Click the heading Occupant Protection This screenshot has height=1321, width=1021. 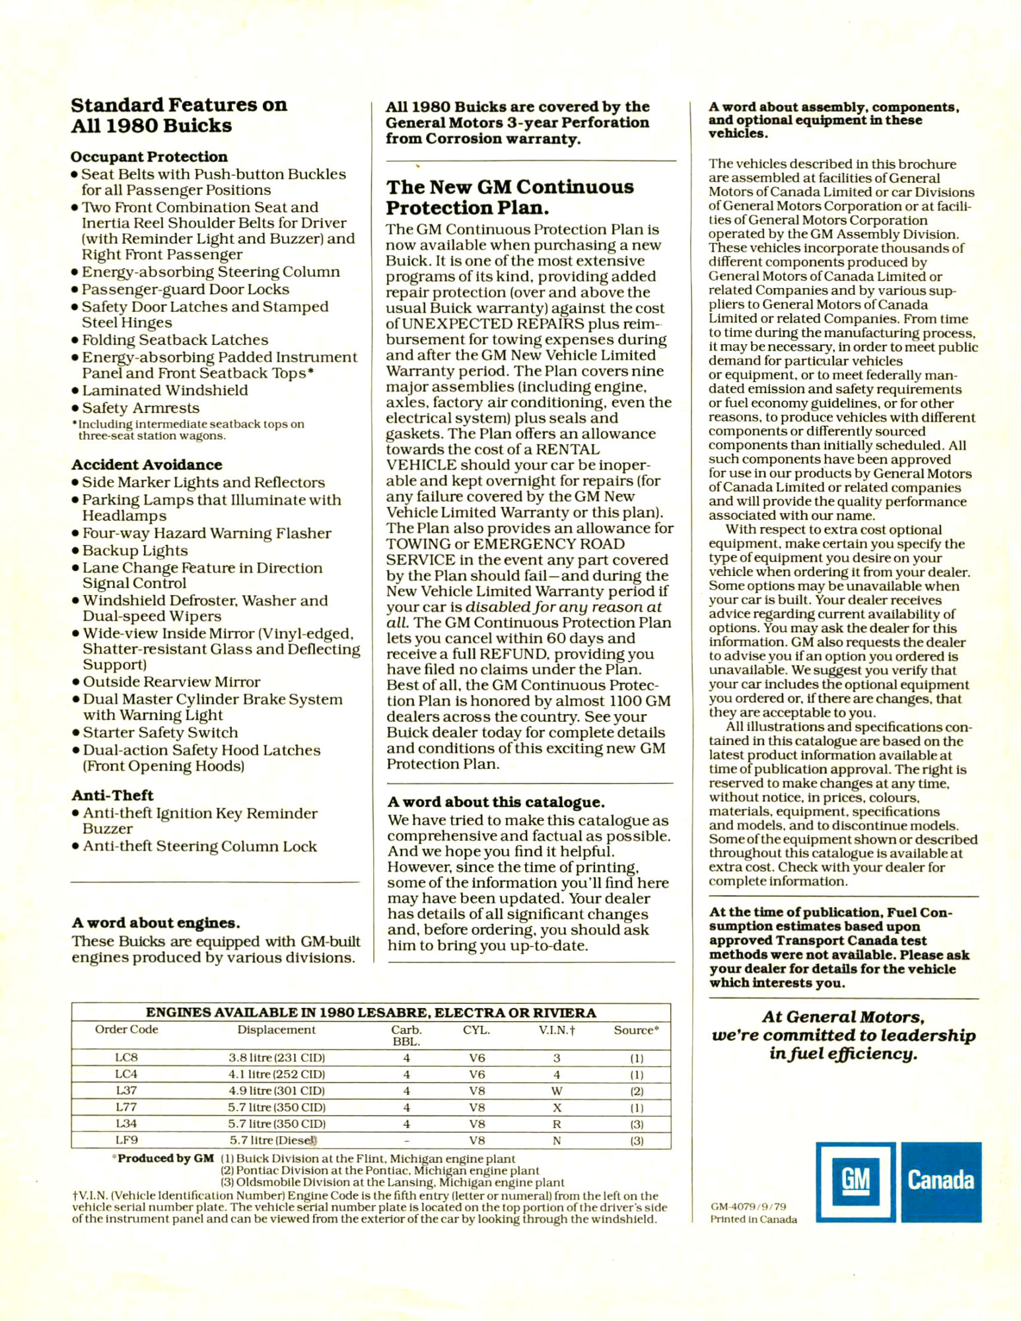(149, 157)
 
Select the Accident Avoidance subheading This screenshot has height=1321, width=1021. (147, 464)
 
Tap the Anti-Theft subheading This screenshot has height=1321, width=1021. (112, 795)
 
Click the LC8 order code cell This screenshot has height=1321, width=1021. (126, 1057)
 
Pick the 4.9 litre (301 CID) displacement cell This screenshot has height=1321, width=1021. (277, 1090)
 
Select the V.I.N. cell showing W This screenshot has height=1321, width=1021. (557, 1090)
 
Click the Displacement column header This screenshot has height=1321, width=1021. (276, 1030)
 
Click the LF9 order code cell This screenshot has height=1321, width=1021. (126, 1140)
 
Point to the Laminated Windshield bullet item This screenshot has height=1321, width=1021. (165, 390)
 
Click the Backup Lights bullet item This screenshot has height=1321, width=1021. (135, 550)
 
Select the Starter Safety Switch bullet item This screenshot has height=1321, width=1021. (160, 732)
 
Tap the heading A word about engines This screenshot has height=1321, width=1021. (156, 923)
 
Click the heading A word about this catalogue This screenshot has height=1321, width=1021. (496, 802)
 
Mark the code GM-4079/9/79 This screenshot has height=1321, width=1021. (748, 1206)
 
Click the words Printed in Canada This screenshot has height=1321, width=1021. (754, 1219)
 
